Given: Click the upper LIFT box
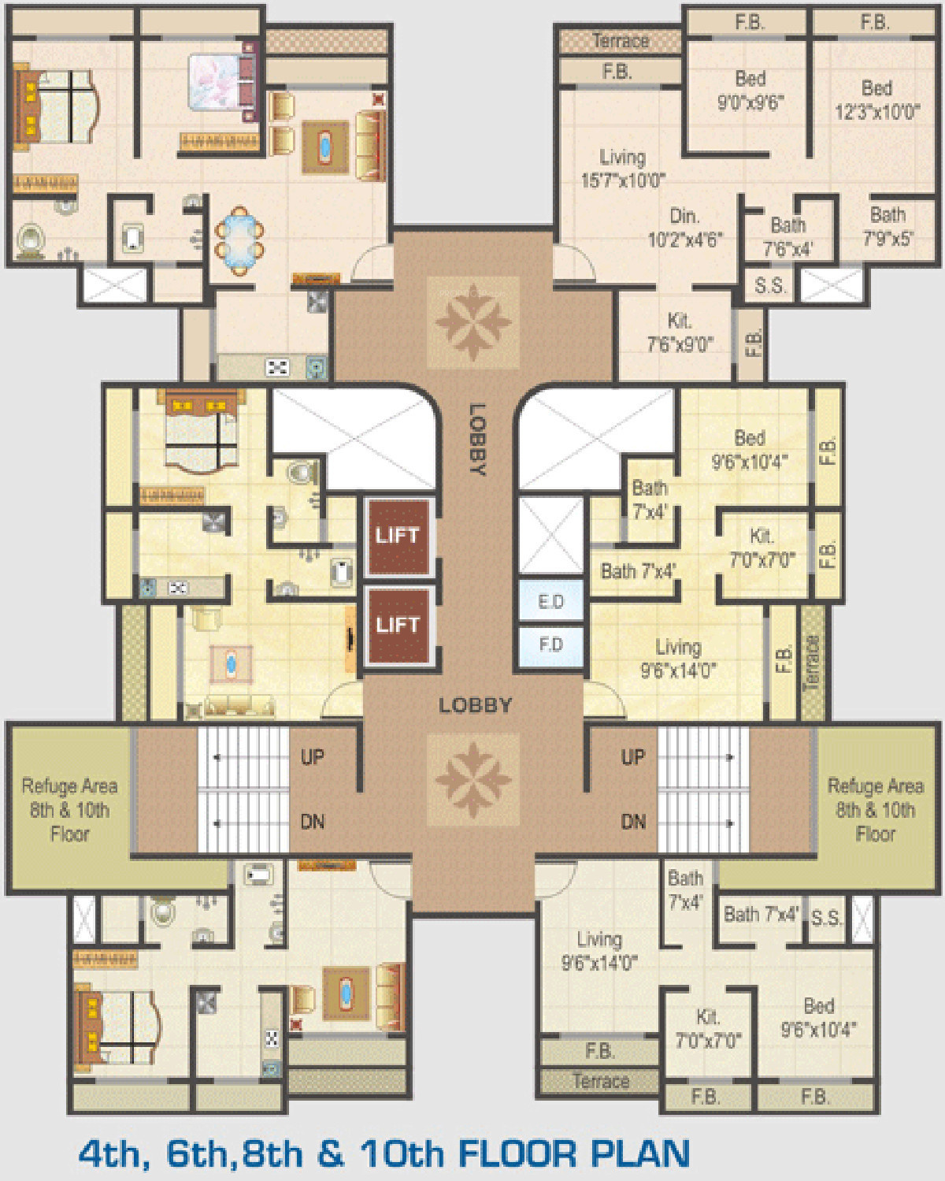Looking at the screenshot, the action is point(398,537).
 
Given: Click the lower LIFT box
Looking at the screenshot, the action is point(398,625).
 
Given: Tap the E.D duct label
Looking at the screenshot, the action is point(550,602).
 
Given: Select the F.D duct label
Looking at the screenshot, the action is point(550,644).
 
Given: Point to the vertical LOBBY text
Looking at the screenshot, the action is point(477,440).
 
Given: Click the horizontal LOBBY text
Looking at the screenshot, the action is point(476,705).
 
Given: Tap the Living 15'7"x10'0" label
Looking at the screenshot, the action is point(623,169).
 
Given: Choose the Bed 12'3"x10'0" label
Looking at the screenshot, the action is point(876,100).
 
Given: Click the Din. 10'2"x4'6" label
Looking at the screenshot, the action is point(684,228).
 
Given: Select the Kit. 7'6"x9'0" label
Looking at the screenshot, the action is point(680,332).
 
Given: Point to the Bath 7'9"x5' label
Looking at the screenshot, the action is point(888,226).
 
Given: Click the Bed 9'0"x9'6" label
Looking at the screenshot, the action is point(750,91).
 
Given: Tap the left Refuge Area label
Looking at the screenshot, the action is point(69,810).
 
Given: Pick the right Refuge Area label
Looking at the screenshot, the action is point(876,810).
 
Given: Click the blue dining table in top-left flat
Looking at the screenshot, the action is point(239,240).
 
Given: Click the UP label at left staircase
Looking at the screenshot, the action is point(312,757).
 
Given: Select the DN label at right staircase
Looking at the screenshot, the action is point(633,822).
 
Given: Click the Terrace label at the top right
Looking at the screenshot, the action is point(621,41).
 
